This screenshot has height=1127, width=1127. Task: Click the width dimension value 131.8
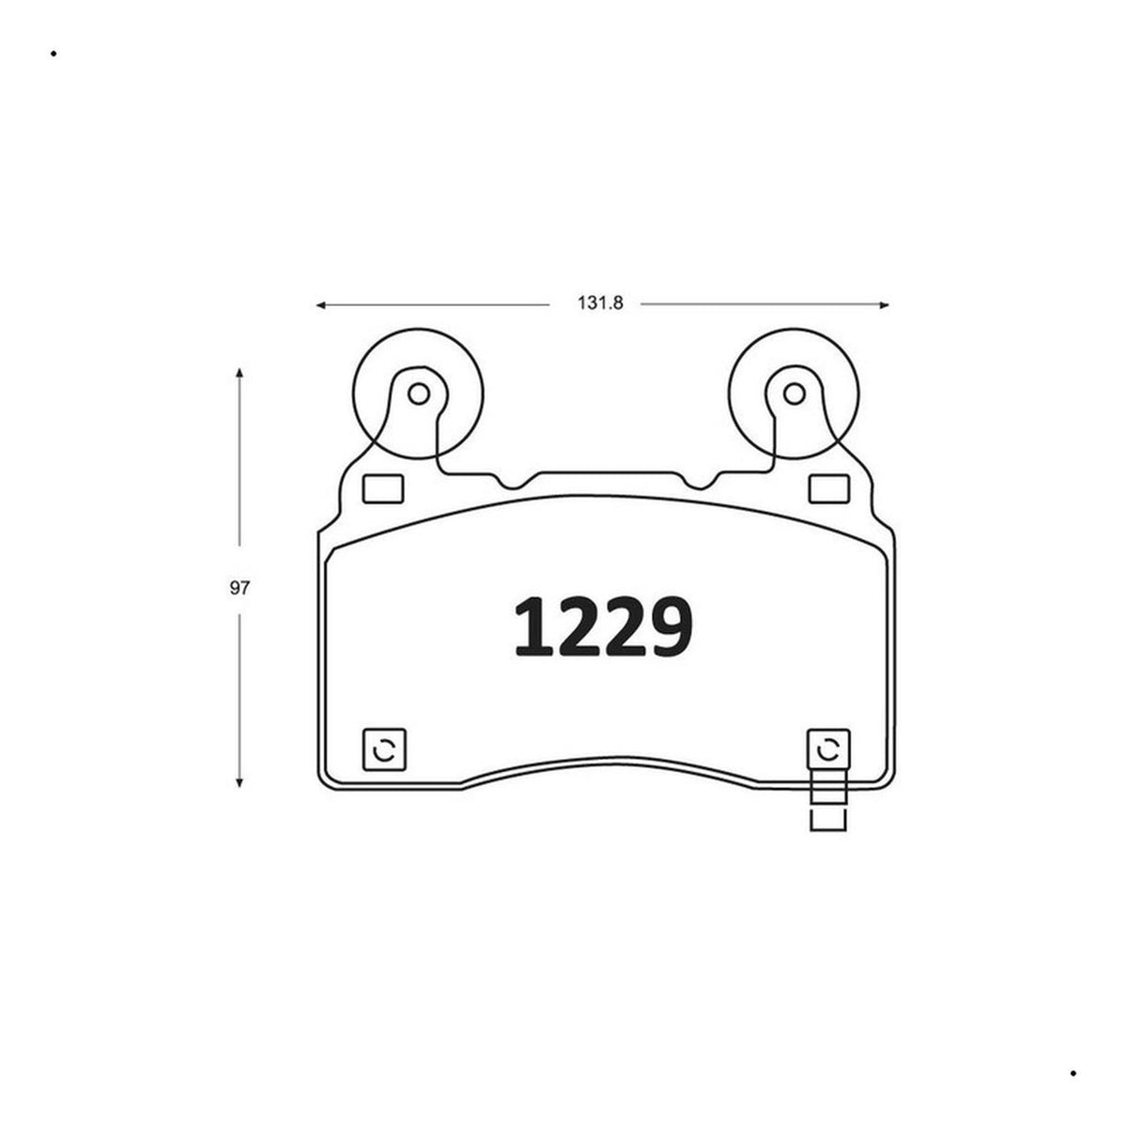click(600, 303)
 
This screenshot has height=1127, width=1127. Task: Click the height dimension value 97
click(239, 588)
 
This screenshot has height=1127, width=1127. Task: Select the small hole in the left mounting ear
click(418, 394)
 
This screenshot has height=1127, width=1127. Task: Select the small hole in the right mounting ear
click(794, 394)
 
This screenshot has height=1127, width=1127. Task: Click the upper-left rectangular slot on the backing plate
click(383, 489)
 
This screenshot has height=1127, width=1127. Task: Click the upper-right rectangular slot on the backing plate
click(828, 489)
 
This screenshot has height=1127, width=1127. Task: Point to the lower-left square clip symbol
click(384, 749)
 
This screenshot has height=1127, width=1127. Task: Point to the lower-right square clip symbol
click(828, 749)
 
